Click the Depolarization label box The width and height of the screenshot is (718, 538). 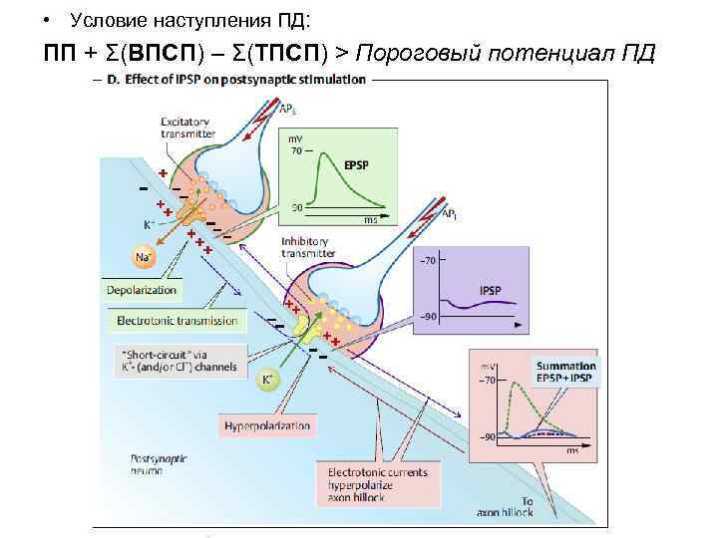click(142, 290)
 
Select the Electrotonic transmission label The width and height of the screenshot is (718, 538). click(177, 321)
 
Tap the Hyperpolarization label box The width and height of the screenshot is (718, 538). click(267, 426)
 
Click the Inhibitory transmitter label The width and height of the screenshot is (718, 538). click(309, 247)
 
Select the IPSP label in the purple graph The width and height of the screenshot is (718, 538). click(491, 291)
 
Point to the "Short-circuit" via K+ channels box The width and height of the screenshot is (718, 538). click(177, 360)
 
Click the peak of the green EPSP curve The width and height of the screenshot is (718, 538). click(324, 152)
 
